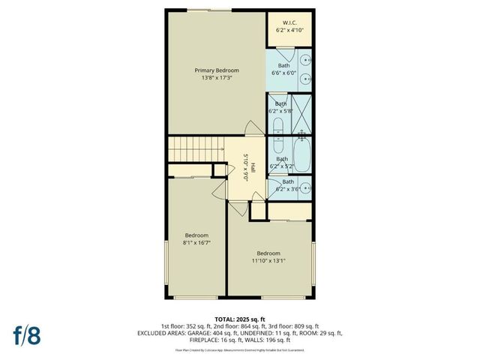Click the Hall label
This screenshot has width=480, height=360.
pos(253,166)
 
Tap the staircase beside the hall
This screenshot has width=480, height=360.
pos(196,149)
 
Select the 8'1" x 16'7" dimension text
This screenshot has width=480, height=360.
pos(196,242)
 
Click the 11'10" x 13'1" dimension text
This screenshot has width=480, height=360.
pos(268,261)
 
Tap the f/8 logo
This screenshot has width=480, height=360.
pos(26,334)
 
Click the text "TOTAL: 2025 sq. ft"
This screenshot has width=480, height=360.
pos(240,318)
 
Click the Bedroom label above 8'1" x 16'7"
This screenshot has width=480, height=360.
pos(196,235)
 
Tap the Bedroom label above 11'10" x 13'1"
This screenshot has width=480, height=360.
pos(268,253)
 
